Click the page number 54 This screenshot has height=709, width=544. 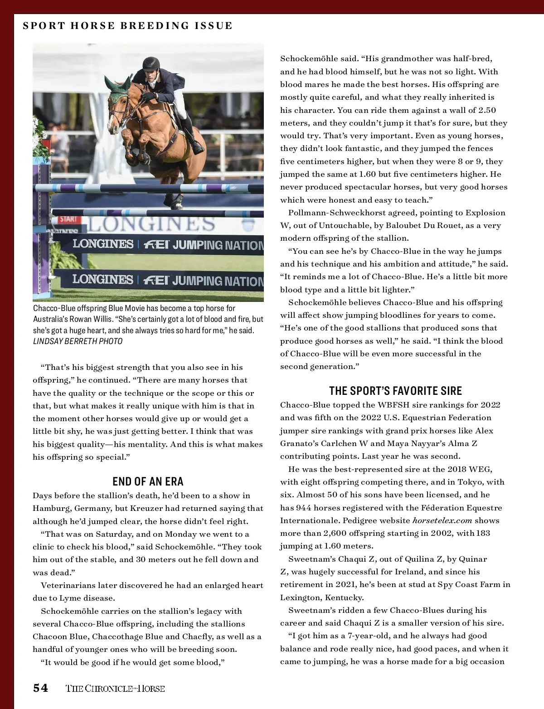(x=40, y=688)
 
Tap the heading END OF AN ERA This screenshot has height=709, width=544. (x=148, y=481)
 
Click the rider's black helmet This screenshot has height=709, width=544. (x=151, y=64)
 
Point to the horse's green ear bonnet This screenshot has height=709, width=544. (x=119, y=90)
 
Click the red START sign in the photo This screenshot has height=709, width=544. (x=68, y=219)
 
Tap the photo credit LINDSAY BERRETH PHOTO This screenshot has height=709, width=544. (x=78, y=341)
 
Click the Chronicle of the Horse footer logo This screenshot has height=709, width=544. (x=115, y=689)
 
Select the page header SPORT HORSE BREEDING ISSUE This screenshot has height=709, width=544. (x=127, y=26)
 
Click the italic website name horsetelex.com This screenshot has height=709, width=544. (x=442, y=520)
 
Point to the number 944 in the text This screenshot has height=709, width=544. (x=303, y=508)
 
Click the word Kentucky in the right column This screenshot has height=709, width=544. (x=343, y=597)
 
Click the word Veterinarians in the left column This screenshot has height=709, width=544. (x=68, y=585)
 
